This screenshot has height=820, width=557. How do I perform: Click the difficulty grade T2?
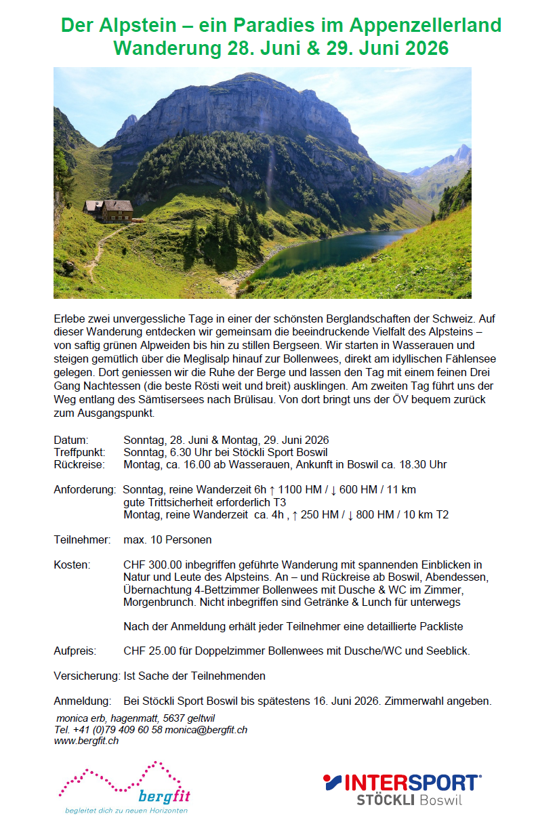[441, 514]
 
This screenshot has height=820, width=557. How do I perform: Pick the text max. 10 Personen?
[167, 540]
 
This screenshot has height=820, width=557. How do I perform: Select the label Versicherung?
[87, 676]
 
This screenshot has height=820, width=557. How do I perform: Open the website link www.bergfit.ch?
[86, 741]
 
